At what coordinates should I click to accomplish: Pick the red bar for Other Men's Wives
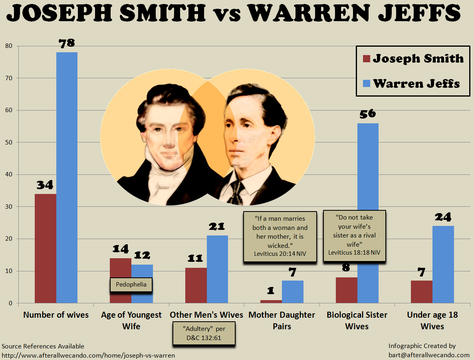point(196,285)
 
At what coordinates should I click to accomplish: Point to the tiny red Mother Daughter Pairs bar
point(271,302)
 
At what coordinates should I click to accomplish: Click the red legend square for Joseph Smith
point(367,59)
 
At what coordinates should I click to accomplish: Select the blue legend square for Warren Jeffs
point(367,83)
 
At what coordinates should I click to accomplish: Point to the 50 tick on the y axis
point(9,142)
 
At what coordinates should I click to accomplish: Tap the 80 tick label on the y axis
point(9,46)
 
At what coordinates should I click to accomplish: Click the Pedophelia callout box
point(131,285)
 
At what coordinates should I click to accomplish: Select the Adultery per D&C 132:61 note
point(204,333)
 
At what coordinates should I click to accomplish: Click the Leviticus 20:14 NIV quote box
point(280,236)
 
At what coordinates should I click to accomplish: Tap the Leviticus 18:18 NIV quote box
point(355,235)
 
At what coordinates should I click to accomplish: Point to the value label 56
point(368,114)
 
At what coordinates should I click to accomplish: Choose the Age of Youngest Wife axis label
point(131,320)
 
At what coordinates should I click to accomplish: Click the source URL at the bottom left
point(88,355)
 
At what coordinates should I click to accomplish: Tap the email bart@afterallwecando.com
point(429,355)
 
